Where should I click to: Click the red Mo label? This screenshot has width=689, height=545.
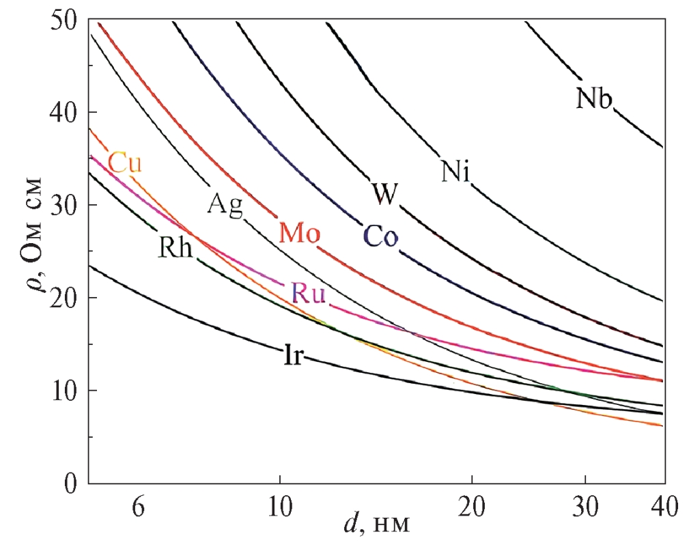click(299, 234)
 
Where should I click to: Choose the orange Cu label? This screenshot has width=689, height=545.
click(125, 163)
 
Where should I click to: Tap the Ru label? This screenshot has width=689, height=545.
click(308, 294)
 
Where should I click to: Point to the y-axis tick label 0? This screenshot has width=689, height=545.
click(70, 484)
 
